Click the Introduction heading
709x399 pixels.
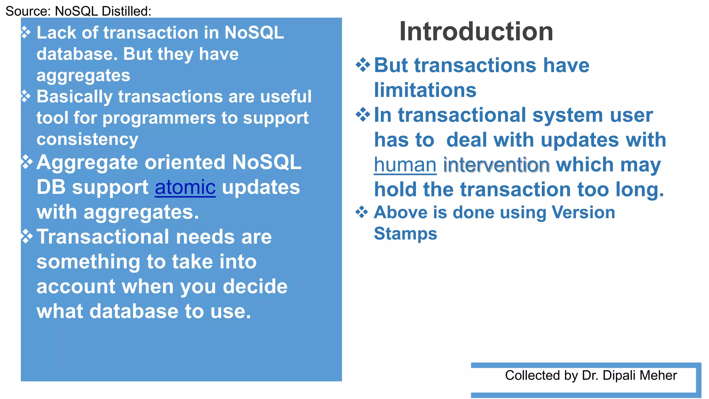coord(476,32)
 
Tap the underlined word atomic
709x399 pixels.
coord(185,187)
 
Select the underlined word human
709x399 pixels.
coord(405,165)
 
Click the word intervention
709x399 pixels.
coord(496,165)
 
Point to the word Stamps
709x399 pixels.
coord(405,233)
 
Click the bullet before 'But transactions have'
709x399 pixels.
coord(363,65)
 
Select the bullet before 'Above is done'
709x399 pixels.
coord(362,212)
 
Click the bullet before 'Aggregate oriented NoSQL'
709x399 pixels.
coord(27,162)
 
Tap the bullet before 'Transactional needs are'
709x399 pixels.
coord(27,237)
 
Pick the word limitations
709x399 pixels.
coord(425,90)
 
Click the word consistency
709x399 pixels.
coord(87,139)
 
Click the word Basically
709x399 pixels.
coord(74,97)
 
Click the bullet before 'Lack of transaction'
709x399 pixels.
coord(26,33)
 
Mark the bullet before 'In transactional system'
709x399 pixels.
coord(363,115)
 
